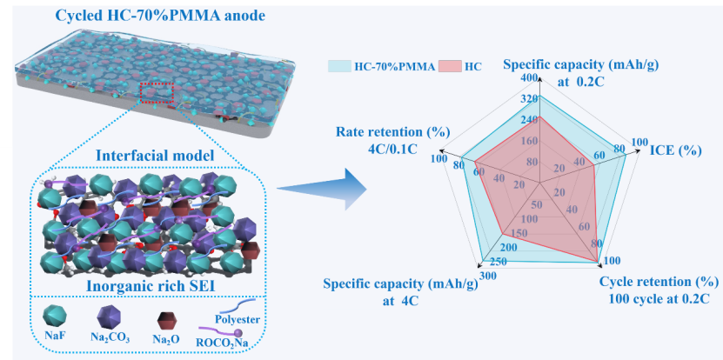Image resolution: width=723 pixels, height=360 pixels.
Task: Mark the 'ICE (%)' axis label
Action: pos(675,150)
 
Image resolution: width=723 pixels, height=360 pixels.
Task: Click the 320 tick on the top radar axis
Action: pos(528,98)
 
